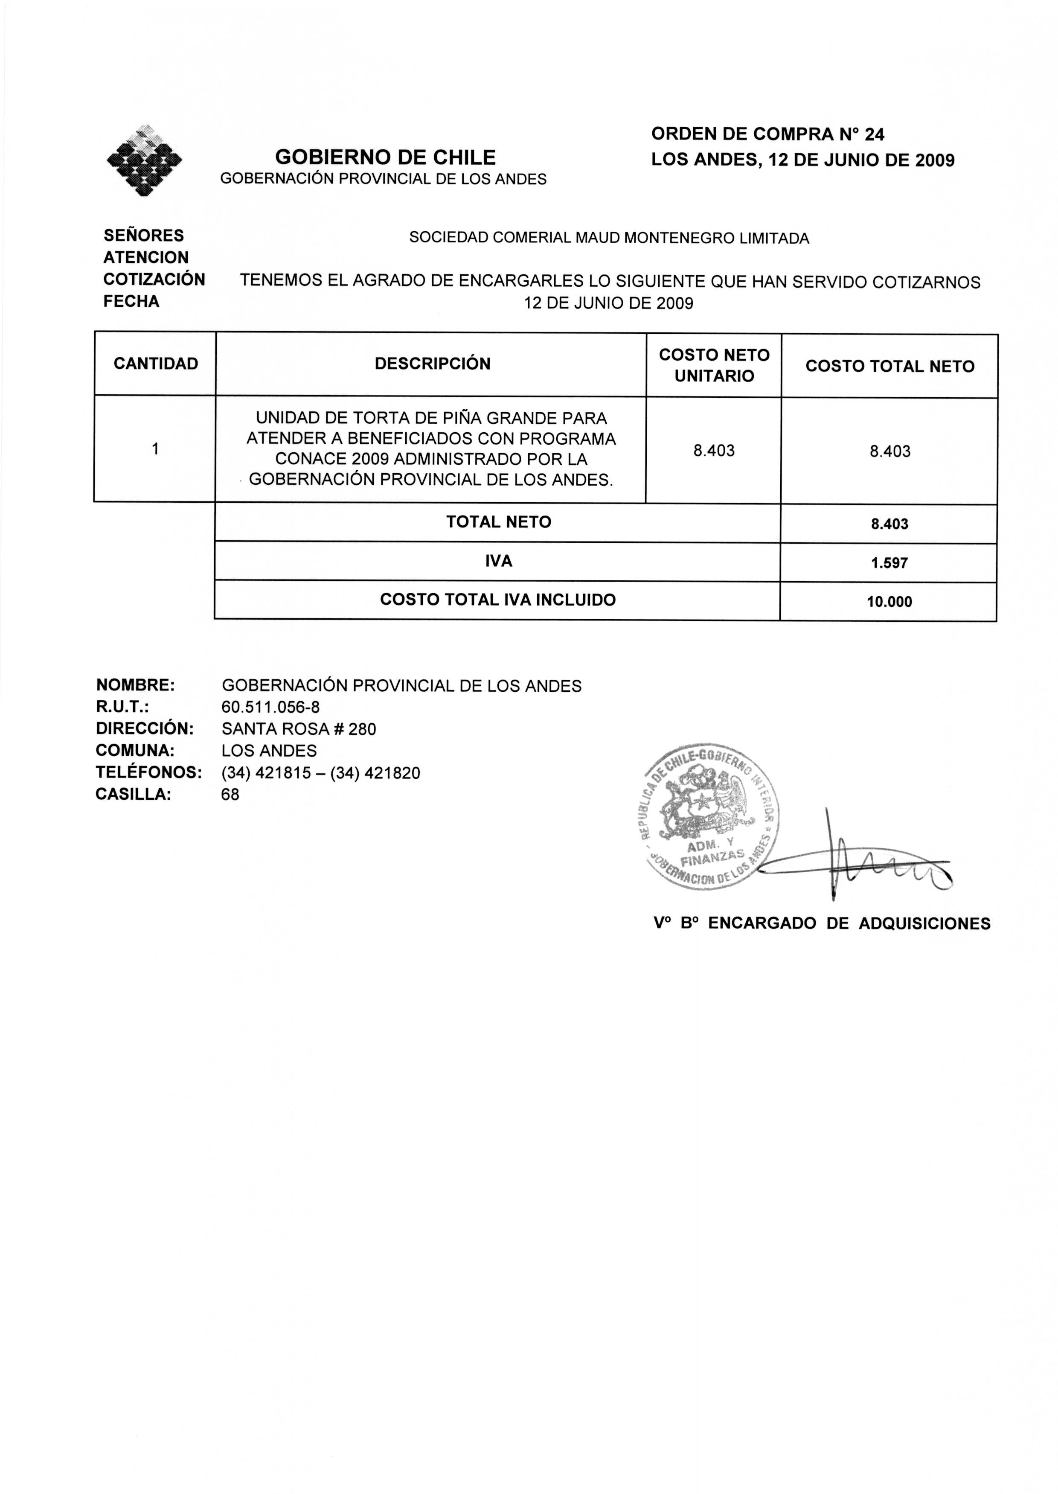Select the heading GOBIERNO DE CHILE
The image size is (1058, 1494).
tap(385, 157)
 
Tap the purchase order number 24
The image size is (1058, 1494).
tap(875, 134)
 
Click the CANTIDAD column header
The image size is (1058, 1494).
tap(156, 364)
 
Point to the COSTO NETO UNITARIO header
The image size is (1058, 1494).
tap(714, 366)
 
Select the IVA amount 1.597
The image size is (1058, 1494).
tap(889, 563)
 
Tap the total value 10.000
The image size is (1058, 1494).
tap(889, 602)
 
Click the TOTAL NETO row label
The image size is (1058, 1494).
tap(498, 522)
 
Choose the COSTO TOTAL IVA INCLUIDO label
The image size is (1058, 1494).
tap(498, 600)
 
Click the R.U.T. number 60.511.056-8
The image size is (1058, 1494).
tap(270, 708)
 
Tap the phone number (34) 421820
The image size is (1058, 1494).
tap(375, 773)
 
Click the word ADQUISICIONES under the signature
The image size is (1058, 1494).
tap(924, 923)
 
